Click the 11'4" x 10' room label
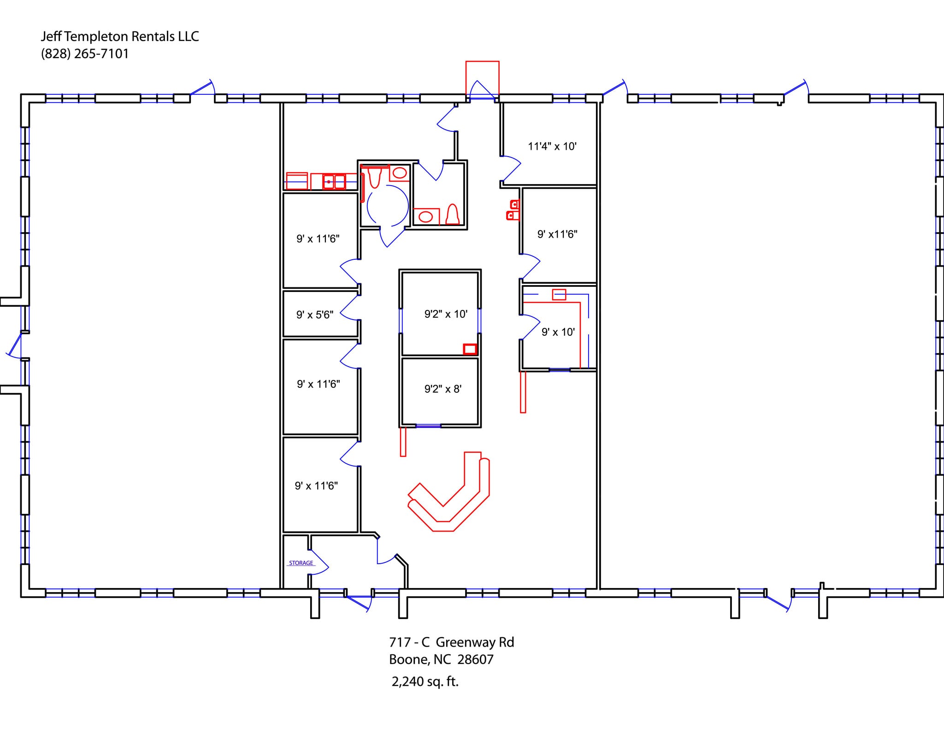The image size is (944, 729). coord(552,146)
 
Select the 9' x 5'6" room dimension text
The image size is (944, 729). coord(314,315)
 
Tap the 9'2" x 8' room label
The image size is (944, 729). coord(442,389)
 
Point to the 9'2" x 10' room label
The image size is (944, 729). coord(446,314)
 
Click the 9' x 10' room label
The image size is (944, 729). coord(558,332)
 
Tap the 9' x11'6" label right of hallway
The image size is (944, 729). coord(557,234)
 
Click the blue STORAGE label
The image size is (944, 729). coord(301,563)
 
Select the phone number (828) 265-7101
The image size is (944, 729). coord(85,54)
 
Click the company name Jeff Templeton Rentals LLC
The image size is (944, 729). coord(120,36)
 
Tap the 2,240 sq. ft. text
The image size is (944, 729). coord(425,682)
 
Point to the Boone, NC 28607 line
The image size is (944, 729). coord(441,659)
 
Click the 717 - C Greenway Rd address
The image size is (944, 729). coord(451,642)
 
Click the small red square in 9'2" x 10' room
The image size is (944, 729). coord(470,349)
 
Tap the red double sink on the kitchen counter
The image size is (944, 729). coord(334,181)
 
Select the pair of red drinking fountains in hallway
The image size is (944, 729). coord(513,210)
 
